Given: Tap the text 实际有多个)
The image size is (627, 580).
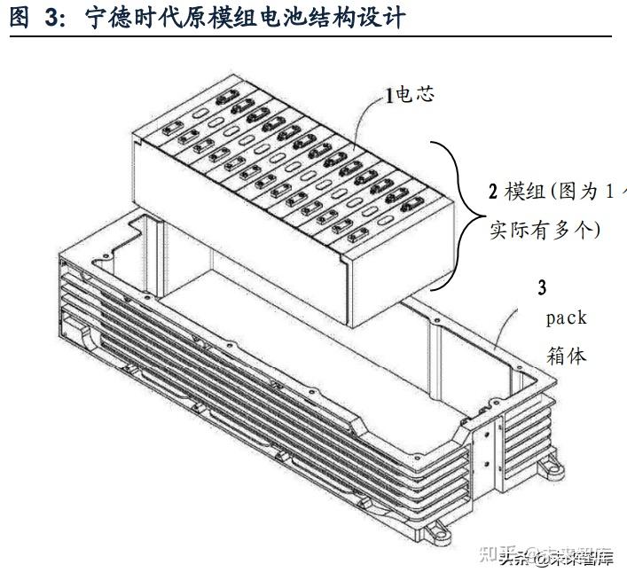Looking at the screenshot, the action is click(545, 230).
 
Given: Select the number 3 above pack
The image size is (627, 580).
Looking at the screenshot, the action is click(542, 287).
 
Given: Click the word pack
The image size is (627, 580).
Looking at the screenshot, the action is click(565, 317).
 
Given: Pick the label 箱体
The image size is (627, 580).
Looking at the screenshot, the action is click(565, 356).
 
